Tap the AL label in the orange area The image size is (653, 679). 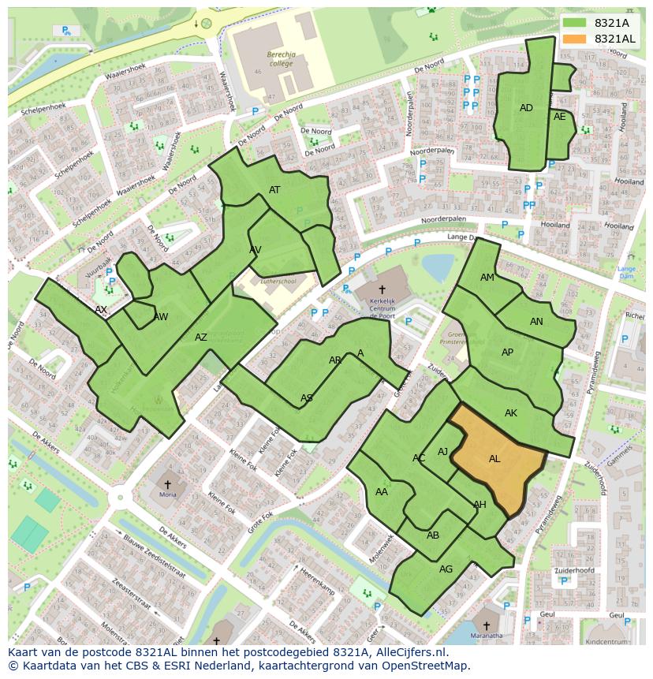click(494, 459)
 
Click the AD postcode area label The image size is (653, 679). click(526, 108)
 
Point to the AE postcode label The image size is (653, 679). click(560, 117)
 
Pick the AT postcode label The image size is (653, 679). click(274, 190)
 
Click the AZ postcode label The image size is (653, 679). click(201, 338)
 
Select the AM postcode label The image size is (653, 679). click(487, 278)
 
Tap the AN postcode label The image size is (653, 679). click(536, 322)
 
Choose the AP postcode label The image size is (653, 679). click(507, 353)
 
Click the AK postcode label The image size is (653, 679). click(511, 413)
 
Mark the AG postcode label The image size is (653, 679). click(446, 569)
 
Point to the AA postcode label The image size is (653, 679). click(382, 492)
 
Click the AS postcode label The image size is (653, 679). click(307, 398)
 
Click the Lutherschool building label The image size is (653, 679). click(278, 281)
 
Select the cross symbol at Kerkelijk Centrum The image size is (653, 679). click(382, 289)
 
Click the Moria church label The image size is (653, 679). click(167, 494)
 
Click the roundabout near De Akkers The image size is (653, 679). click(121, 498)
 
